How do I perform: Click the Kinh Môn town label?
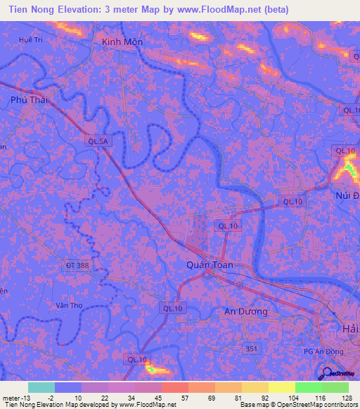tap(122, 42)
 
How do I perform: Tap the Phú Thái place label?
tap(29, 100)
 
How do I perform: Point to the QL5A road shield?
tap(99, 141)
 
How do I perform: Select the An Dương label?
tap(245, 311)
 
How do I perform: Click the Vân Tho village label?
tap(69, 306)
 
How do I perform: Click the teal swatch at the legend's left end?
tap(41, 387)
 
